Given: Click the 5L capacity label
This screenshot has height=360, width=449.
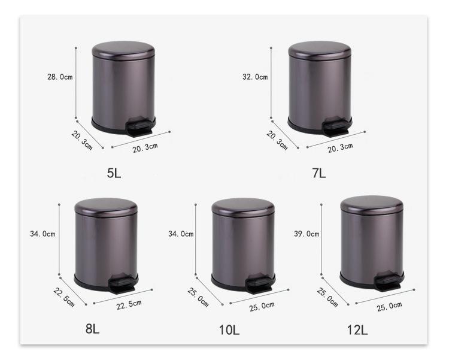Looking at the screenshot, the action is tap(114, 173).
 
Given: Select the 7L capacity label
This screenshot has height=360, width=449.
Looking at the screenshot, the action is tap(319, 173).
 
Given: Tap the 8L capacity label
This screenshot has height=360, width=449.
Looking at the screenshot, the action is tap(92, 329).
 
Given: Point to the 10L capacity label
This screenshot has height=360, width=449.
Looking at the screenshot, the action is tap(229, 329).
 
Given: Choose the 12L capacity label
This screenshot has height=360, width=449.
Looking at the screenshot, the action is tap(357, 329).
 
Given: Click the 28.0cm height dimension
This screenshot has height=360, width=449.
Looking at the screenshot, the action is tap(60, 77).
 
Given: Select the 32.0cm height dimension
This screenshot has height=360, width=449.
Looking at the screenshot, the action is tap(255, 77).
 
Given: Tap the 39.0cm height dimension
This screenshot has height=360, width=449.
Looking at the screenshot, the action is tap(307, 234).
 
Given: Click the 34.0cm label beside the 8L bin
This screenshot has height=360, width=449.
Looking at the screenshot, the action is tap(43, 234).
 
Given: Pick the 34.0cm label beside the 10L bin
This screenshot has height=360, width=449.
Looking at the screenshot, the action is tap(181, 234).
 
